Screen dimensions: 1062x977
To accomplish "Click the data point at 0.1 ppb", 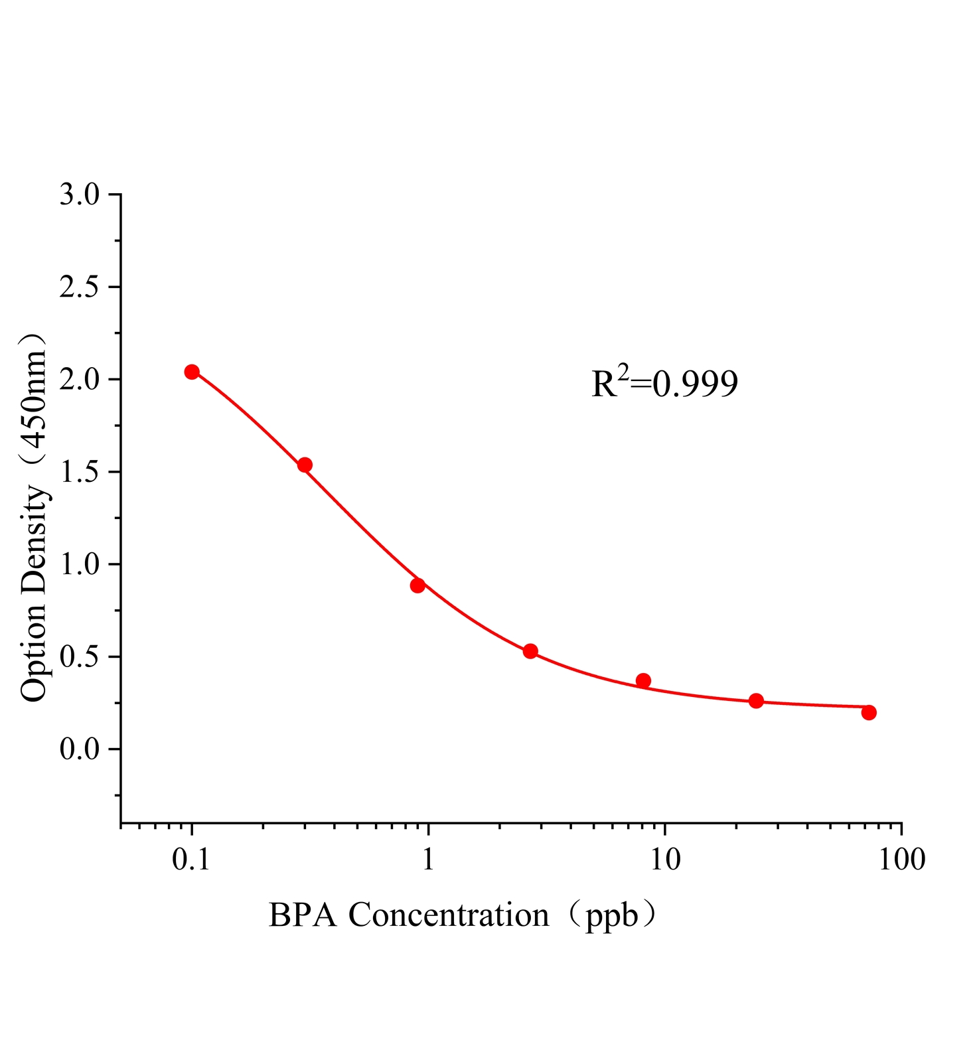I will click(x=192, y=372).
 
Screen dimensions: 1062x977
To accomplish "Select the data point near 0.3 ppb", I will click(x=305, y=465).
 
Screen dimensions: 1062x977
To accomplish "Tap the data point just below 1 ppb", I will click(x=417, y=585).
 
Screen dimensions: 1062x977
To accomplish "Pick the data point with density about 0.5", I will click(x=530, y=651).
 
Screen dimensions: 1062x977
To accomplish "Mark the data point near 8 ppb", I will click(x=643, y=680).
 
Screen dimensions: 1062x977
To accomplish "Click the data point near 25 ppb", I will click(x=756, y=701).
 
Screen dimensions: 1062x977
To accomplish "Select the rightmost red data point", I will click(x=869, y=712).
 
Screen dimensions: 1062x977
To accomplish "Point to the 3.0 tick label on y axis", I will click(x=79, y=195).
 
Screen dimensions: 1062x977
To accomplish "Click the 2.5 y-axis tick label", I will click(x=79, y=287).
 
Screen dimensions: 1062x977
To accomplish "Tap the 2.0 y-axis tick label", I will click(x=79, y=380).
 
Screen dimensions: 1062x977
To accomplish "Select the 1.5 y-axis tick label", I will click(x=79, y=472).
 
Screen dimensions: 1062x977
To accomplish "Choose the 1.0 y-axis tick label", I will click(x=79, y=564).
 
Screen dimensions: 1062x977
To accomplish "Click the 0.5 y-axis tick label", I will click(x=79, y=657).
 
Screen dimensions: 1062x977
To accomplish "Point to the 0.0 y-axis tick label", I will click(x=79, y=749).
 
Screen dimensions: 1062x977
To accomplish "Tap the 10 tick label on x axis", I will click(x=665, y=860).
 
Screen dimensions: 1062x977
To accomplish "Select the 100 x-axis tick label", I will click(x=901, y=860).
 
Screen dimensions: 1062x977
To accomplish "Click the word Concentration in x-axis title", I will click(x=449, y=915).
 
